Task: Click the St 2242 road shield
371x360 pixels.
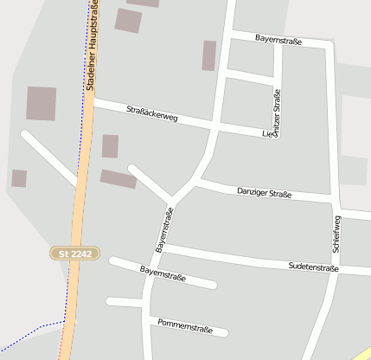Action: [x=76, y=254]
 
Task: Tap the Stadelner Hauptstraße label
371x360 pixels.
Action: [x=92, y=45]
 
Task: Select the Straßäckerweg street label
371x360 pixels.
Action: [x=151, y=113]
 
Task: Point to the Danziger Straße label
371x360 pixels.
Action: [x=264, y=192]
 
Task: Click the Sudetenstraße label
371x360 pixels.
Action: [x=313, y=268]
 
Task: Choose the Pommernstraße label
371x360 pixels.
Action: [x=185, y=325]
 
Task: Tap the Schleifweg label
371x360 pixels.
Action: [x=336, y=234]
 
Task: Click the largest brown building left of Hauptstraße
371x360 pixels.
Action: [x=41, y=103]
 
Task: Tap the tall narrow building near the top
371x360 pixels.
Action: [x=208, y=55]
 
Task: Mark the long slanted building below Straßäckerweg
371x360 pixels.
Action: [x=118, y=179]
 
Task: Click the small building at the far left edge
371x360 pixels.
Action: [x=18, y=178]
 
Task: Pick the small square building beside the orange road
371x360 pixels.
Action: [x=110, y=146]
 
